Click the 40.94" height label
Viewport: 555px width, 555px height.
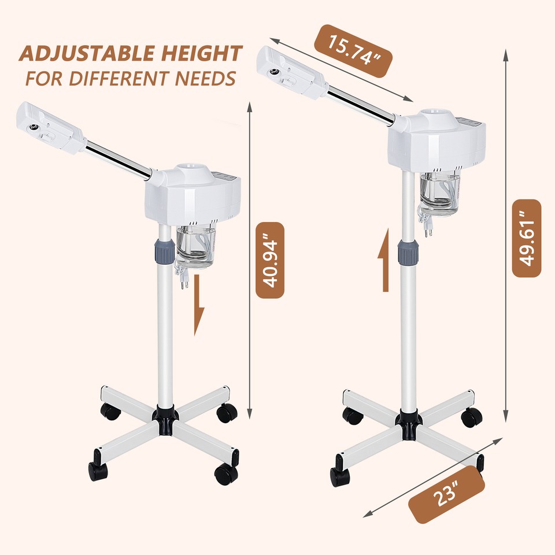270,260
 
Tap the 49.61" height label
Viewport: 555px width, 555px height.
527,238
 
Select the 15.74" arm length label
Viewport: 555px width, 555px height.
353,51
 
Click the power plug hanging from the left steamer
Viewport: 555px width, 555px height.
184,279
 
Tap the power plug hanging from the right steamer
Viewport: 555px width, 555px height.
428,228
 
